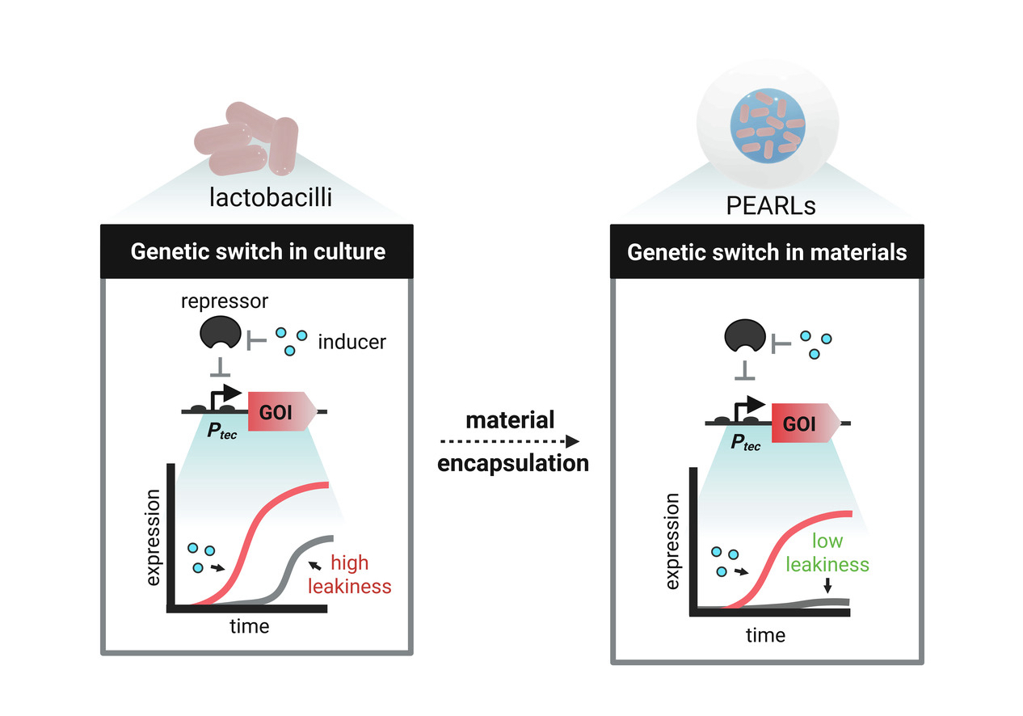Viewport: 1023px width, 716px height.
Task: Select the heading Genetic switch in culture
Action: pyautogui.click(x=258, y=251)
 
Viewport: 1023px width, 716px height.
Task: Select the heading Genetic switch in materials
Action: pyautogui.click(x=767, y=252)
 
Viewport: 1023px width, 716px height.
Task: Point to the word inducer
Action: pyautogui.click(x=352, y=342)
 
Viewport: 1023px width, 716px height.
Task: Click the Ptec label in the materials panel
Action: pyautogui.click(x=743, y=443)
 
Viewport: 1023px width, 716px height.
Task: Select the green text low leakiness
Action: pyautogui.click(x=828, y=553)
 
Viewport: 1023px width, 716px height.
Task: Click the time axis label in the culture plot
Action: pyautogui.click(x=250, y=626)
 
